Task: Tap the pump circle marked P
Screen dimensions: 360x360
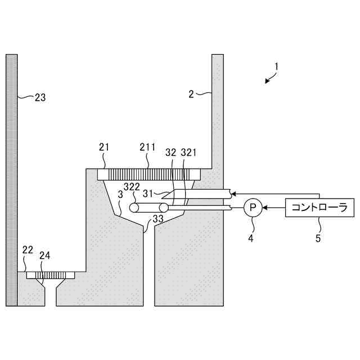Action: (253, 208)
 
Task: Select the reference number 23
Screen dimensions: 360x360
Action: (40, 97)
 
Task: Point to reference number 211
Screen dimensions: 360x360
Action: (148, 148)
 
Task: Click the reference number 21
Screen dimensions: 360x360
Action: (104, 148)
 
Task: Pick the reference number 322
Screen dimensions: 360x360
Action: (132, 186)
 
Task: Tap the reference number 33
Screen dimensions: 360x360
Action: (158, 219)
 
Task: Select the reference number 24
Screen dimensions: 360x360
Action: (44, 254)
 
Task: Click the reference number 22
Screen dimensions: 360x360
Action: (27, 250)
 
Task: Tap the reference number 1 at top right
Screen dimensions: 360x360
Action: (277, 66)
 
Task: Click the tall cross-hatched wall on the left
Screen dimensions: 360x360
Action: (12, 180)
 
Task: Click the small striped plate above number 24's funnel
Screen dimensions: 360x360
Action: (50, 276)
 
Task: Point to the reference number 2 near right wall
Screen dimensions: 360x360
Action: (191, 94)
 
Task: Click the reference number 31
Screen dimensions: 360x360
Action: (147, 193)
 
